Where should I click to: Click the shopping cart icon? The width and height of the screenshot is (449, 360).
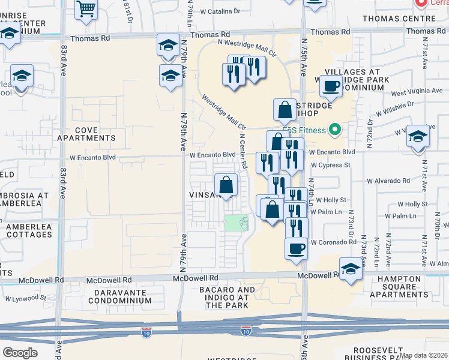tap(86, 10)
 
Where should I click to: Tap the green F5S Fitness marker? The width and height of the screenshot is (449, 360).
tap(336, 130)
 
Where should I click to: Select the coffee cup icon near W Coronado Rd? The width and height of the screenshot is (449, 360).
tap(296, 248)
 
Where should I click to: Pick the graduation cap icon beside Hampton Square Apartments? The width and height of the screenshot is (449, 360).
tap(351, 269)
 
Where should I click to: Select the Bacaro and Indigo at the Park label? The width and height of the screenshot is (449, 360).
tap(227, 297)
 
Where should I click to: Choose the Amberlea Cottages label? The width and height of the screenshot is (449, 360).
tap(29, 230)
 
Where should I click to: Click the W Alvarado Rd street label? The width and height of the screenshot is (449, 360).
tap(390, 180)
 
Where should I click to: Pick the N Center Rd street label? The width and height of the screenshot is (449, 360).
tap(243, 151)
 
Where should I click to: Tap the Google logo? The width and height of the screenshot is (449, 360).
tap(20, 352)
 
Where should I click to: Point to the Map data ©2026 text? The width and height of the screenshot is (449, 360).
tap(423, 355)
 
